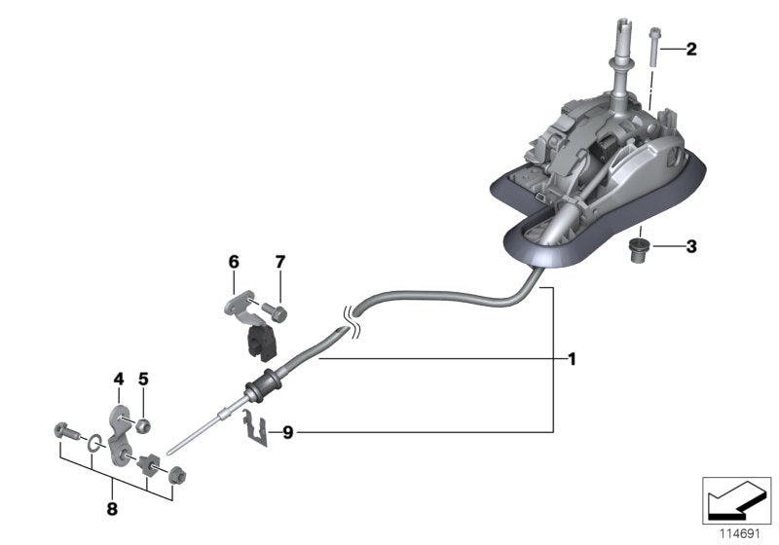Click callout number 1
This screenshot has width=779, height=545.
point(573,359)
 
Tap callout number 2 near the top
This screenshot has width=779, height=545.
point(691,49)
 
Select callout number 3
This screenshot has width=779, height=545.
point(691,247)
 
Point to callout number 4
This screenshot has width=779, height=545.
point(118,379)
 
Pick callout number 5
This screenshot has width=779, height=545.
point(142,379)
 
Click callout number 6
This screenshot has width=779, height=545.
point(234,262)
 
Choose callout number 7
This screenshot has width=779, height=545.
point(279,262)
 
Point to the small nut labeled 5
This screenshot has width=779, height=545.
point(142,424)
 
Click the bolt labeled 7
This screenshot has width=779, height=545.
point(276,312)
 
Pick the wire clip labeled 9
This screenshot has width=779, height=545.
point(255,427)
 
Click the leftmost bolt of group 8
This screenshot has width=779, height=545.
point(65,429)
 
